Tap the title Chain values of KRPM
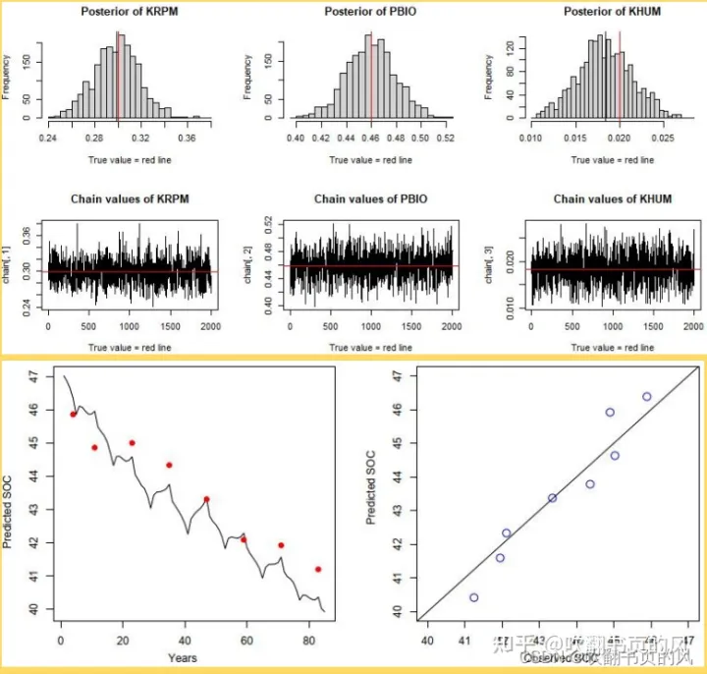click(130, 199)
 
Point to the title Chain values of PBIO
click(370, 199)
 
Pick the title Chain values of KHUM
click(612, 199)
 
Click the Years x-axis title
click(182, 657)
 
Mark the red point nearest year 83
click(318, 569)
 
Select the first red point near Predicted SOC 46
click(73, 415)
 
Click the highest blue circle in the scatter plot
click(647, 397)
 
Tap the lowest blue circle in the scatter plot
click(474, 597)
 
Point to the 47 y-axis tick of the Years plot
click(32, 376)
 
